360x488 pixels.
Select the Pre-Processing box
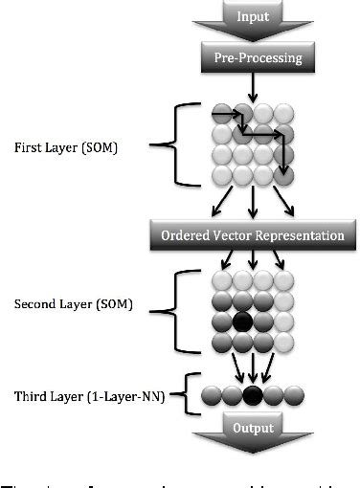click(x=252, y=58)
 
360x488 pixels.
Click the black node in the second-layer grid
click(x=242, y=321)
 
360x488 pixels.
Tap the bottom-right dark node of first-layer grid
click(x=284, y=174)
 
